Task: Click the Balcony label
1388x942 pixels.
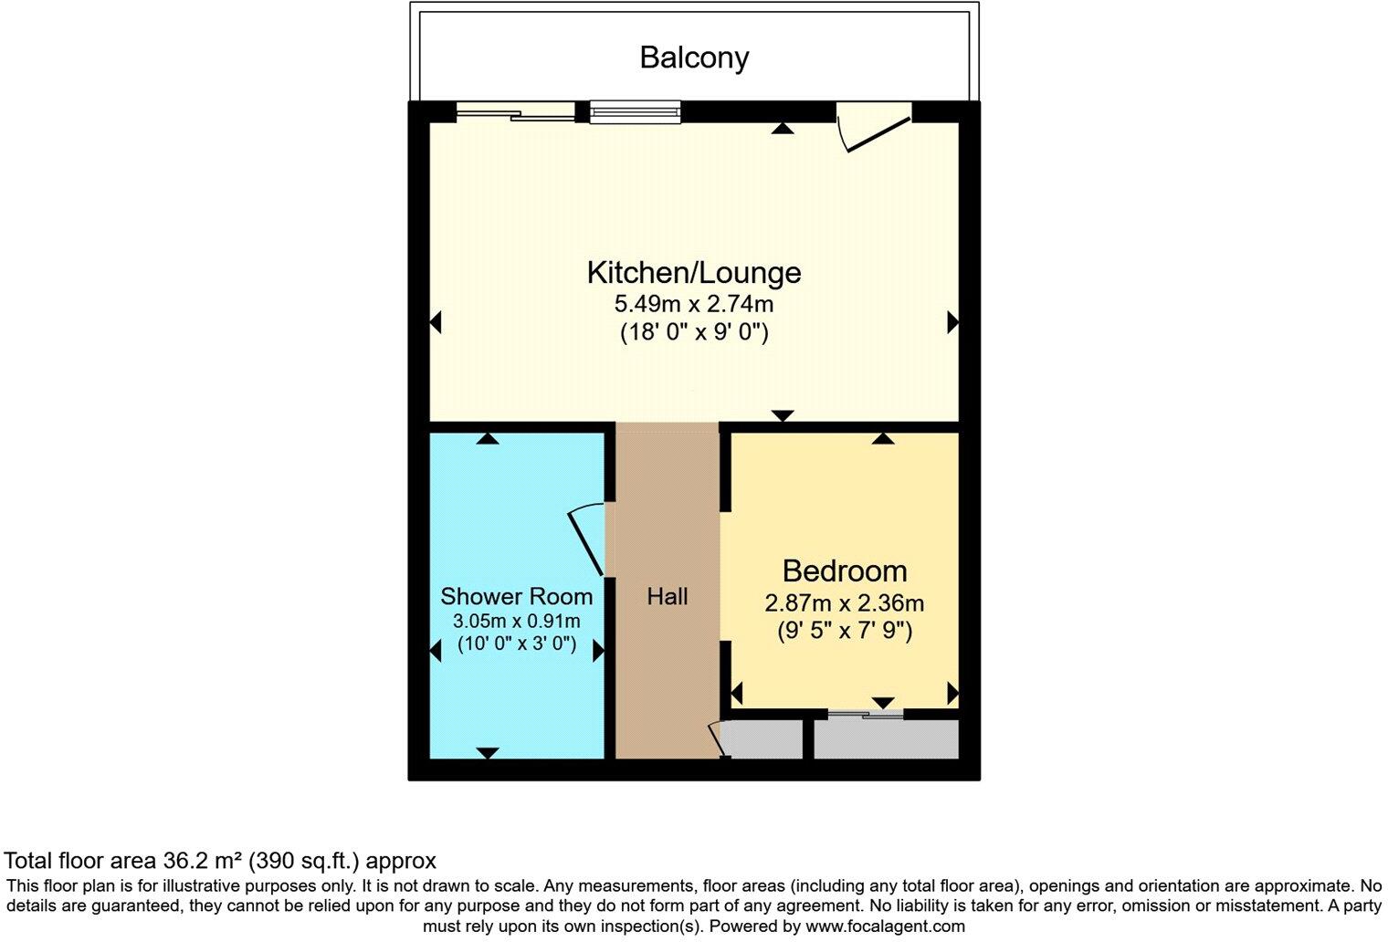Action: [x=694, y=58]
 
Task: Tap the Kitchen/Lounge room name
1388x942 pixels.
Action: [x=694, y=273]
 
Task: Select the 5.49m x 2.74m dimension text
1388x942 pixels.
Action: [x=694, y=304]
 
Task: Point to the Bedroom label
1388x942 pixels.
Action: [x=845, y=570]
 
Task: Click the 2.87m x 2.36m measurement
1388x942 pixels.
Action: [x=845, y=602]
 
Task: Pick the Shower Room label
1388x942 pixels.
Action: [x=516, y=596]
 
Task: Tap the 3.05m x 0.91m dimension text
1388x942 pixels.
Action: [x=516, y=620]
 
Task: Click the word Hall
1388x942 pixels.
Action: [x=668, y=596]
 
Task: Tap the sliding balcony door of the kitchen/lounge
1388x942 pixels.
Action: [x=516, y=112]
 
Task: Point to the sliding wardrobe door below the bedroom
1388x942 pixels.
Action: [x=866, y=715]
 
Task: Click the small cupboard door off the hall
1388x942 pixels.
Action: [x=716, y=738]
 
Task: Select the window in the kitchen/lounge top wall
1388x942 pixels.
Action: [x=636, y=112]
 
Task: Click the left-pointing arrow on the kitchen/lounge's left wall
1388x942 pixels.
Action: [x=436, y=322]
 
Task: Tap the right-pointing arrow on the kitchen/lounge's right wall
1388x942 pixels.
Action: [x=953, y=322]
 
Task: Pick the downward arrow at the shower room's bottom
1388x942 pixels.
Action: [x=488, y=753]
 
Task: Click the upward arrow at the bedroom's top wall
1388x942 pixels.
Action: [x=883, y=438]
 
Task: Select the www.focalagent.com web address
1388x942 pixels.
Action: [x=885, y=926]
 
